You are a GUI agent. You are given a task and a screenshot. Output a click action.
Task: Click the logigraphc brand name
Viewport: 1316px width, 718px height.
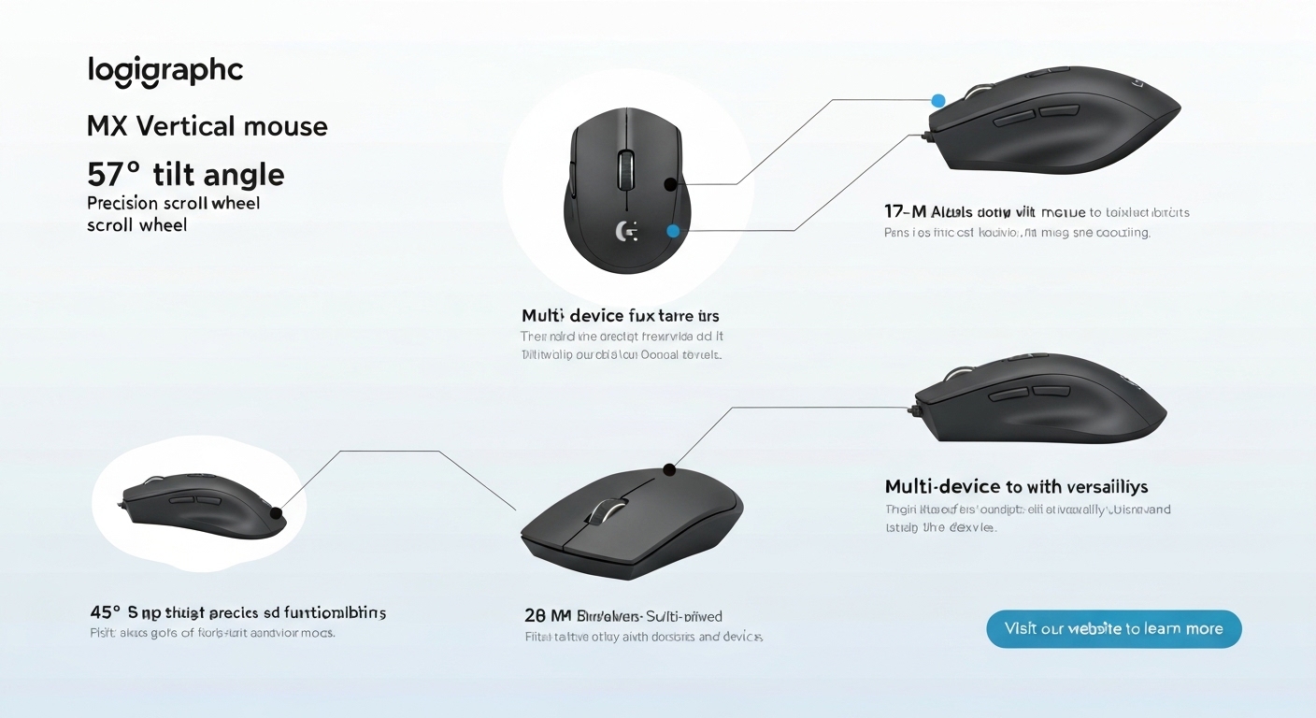click(x=165, y=71)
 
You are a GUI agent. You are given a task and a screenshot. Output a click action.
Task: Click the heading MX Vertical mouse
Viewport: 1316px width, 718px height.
click(x=207, y=126)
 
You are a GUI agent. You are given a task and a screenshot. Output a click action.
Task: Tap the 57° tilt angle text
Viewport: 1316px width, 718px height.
click(x=185, y=174)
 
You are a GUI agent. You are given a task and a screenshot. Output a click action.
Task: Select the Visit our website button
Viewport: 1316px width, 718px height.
click(x=1113, y=629)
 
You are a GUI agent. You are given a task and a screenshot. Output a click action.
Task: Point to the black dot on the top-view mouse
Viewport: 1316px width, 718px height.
click(x=669, y=185)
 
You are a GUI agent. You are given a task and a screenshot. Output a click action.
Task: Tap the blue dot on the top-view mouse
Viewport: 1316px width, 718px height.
click(x=673, y=230)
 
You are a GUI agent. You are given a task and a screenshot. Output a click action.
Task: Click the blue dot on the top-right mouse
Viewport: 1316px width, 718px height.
click(x=938, y=100)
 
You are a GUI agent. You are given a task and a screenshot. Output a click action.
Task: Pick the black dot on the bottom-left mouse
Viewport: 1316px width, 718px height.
click(x=276, y=512)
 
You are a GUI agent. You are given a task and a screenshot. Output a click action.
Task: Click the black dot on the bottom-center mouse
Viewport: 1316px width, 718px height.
click(x=668, y=469)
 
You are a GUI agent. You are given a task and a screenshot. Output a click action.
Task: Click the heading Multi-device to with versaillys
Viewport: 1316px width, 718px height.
click(x=1016, y=487)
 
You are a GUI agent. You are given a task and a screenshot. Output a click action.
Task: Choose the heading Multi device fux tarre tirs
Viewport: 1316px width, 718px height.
click(x=620, y=316)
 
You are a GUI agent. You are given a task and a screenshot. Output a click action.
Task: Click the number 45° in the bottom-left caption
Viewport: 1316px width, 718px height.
click(x=105, y=613)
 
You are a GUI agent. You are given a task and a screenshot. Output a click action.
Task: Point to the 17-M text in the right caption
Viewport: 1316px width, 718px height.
click(x=902, y=211)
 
